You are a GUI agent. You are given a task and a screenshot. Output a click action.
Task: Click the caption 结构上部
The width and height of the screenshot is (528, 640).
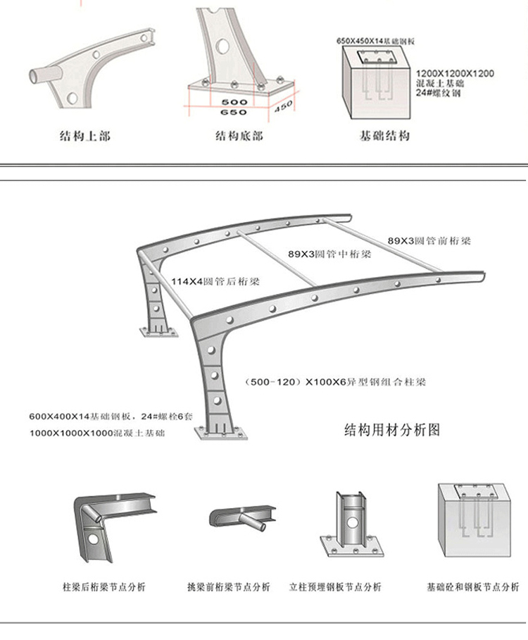[84, 135]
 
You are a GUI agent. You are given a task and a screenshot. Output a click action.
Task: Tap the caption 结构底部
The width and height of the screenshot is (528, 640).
[239, 135]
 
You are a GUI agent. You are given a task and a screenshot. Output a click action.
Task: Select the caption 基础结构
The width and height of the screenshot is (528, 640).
[384, 135]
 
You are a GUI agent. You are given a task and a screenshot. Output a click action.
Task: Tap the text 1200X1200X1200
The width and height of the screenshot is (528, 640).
[455, 73]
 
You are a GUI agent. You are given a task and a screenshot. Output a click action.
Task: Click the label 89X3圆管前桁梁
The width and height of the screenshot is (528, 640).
[429, 241]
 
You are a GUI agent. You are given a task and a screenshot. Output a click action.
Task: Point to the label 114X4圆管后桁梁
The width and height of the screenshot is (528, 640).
[215, 281]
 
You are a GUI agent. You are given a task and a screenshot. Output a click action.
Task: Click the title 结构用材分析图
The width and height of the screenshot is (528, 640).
[391, 429]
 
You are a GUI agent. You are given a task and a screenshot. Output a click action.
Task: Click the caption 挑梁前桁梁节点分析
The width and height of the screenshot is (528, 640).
[228, 587]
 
